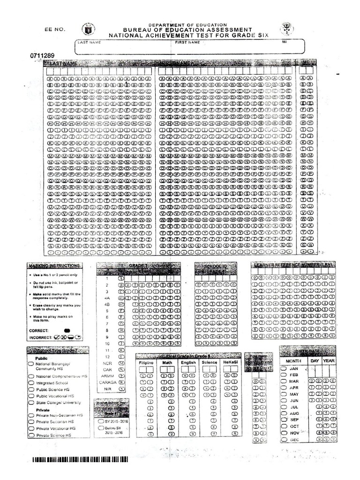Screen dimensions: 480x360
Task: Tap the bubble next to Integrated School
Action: (31, 383)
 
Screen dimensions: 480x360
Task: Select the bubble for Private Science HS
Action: (31, 435)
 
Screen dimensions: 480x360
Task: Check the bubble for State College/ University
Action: (31, 403)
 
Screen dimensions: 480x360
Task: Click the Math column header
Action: (167, 362)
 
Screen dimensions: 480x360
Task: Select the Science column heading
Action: (209, 362)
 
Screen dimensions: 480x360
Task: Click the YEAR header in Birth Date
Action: (329, 361)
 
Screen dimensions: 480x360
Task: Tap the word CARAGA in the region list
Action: (107, 382)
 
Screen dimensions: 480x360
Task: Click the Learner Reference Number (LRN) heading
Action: (294, 265)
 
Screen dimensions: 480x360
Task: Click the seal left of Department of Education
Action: (88, 30)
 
